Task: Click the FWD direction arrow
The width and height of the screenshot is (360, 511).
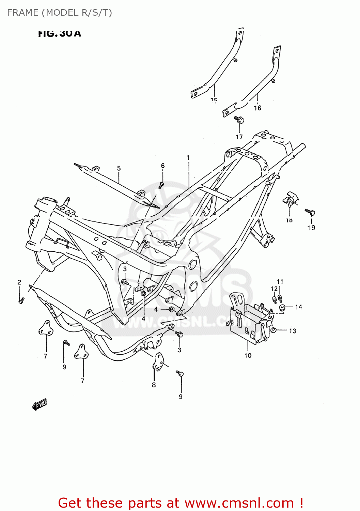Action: (x=40, y=404)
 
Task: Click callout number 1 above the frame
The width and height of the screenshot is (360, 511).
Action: (x=188, y=158)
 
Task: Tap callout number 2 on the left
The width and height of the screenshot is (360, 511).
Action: (x=19, y=282)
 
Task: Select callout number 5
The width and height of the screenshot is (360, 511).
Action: (x=119, y=168)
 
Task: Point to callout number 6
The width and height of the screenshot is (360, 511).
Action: (x=163, y=166)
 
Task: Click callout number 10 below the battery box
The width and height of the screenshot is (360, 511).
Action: (x=248, y=355)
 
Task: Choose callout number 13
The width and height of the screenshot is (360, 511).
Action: (x=293, y=331)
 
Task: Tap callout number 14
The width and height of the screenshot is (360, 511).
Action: (x=298, y=307)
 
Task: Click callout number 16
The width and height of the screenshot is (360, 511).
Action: (x=257, y=108)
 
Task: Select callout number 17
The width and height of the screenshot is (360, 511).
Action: (x=239, y=137)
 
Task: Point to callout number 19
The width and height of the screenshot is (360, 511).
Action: (x=311, y=228)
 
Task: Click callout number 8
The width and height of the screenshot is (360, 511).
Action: (x=154, y=385)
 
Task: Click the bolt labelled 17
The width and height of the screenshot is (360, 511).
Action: (x=239, y=120)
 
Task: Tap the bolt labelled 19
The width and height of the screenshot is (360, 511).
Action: (x=310, y=212)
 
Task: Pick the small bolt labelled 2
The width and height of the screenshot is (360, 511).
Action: (x=21, y=300)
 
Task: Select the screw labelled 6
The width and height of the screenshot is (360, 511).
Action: (x=161, y=185)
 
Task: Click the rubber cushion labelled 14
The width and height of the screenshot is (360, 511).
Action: (x=282, y=308)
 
